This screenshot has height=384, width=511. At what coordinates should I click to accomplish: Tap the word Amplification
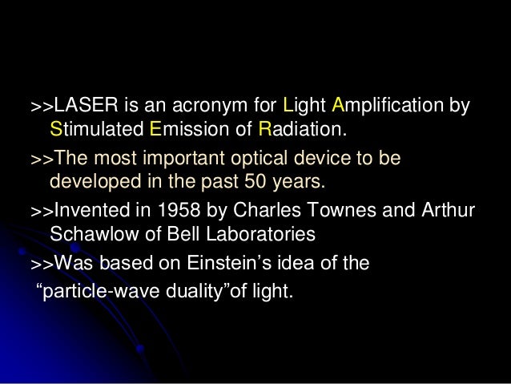tap(390, 106)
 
